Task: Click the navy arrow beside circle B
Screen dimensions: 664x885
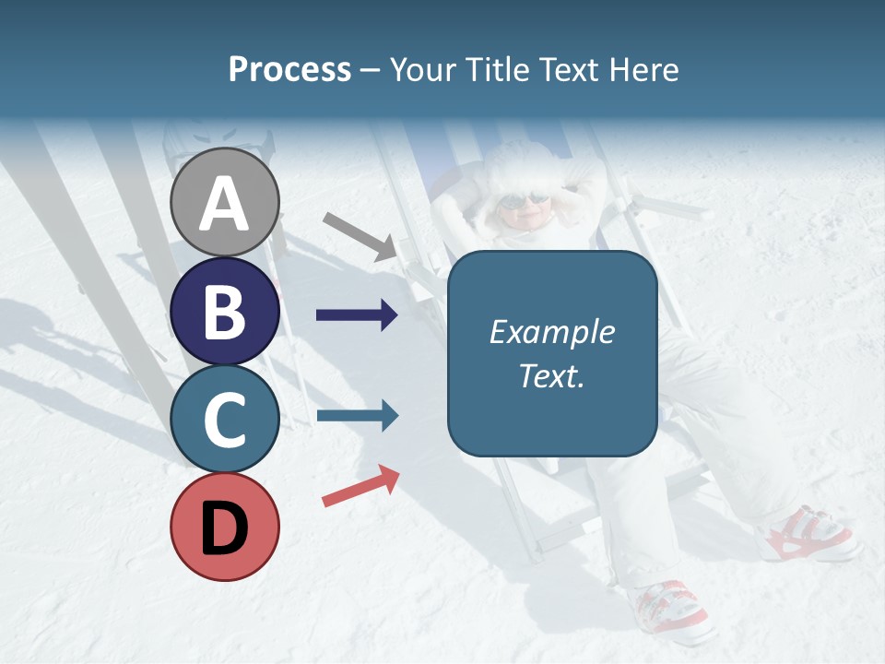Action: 357,315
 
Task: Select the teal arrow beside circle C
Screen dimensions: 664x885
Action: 357,416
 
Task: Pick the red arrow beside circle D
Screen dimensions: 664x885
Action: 360,486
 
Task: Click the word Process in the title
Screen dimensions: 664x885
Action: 289,70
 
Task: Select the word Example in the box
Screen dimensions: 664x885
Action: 551,332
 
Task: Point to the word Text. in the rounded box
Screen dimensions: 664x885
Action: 551,375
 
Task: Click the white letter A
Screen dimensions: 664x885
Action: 225,204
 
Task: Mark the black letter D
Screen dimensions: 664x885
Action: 225,528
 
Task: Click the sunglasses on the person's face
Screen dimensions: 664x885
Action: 523,200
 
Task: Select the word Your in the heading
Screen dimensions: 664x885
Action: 420,70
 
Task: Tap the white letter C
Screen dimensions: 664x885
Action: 225,420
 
